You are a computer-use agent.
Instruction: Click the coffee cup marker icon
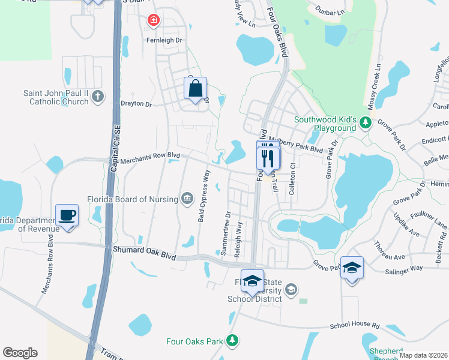pos(67,215)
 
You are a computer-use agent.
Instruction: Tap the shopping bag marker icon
pos(196,89)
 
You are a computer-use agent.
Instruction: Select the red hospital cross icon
pos(154,21)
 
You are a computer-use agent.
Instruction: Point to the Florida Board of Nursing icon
pos(187,199)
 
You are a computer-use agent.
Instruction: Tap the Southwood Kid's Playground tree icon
pos(364,124)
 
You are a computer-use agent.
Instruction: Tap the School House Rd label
pos(355,326)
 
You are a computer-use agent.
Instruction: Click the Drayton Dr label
pos(136,104)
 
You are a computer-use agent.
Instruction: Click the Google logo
pos(20,353)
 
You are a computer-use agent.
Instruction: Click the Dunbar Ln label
pos(332,11)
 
